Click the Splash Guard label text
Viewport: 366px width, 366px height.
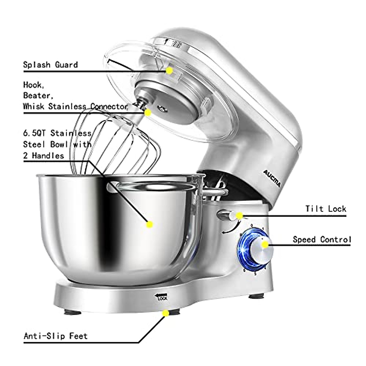coord(50,65)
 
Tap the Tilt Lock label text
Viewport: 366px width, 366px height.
coord(326,209)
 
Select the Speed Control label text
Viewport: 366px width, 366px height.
coord(322,240)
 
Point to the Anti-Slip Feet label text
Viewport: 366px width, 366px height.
coord(56,336)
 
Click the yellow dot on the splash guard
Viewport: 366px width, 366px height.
coord(170,70)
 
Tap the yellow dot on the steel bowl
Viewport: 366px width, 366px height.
coord(149,224)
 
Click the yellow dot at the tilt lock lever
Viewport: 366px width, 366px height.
coord(239,216)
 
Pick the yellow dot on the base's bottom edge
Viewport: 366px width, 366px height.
coord(166,313)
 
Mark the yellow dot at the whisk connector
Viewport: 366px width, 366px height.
coord(148,113)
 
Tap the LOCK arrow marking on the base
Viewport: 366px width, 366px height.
coord(161,296)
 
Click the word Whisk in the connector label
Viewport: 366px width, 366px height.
coord(34,106)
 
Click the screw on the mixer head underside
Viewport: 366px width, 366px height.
coord(161,108)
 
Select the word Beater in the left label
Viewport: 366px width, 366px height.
coord(38,95)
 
